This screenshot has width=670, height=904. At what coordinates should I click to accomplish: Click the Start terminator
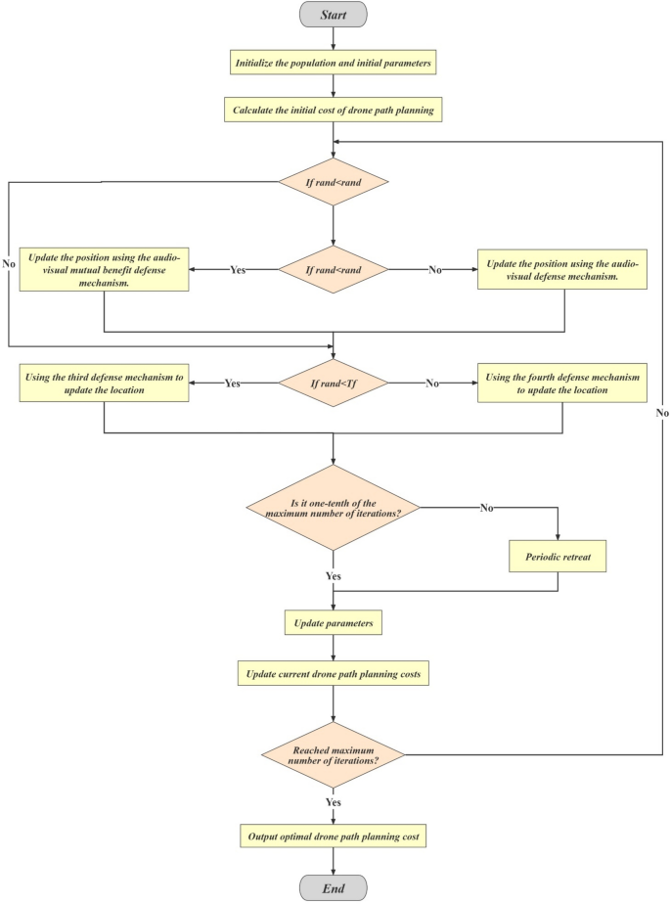click(x=335, y=14)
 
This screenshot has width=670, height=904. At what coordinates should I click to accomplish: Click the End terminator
click(x=335, y=887)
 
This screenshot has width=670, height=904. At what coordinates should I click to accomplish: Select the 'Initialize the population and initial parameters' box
click(x=335, y=65)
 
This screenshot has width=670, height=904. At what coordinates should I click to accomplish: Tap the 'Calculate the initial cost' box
click(x=335, y=111)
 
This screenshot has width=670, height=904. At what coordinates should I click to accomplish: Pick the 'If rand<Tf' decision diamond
click(x=335, y=384)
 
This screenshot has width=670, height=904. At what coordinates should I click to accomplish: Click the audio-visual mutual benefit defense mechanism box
click(x=104, y=269)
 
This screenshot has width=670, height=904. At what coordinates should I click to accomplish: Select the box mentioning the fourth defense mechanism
click(x=563, y=384)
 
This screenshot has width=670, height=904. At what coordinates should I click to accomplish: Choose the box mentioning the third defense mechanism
click(x=104, y=384)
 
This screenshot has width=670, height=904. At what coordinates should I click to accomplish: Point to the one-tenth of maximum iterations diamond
click(x=335, y=508)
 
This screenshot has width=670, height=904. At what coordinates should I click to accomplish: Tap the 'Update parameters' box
click(x=335, y=622)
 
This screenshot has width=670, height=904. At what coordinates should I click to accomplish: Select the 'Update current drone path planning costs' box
click(x=335, y=673)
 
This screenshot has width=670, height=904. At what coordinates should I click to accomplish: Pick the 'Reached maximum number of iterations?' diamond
click(x=335, y=753)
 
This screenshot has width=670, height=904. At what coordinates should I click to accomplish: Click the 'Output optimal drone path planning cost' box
click(x=335, y=837)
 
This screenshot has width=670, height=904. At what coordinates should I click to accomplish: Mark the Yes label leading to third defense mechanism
click(x=232, y=384)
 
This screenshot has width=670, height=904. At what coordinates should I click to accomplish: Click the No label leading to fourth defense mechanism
click(x=431, y=384)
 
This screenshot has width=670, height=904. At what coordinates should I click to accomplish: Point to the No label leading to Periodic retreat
click(x=487, y=508)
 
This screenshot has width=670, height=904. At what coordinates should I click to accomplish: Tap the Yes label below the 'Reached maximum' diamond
click(x=335, y=801)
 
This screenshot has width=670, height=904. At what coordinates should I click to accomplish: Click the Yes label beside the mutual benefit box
click(x=237, y=269)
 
